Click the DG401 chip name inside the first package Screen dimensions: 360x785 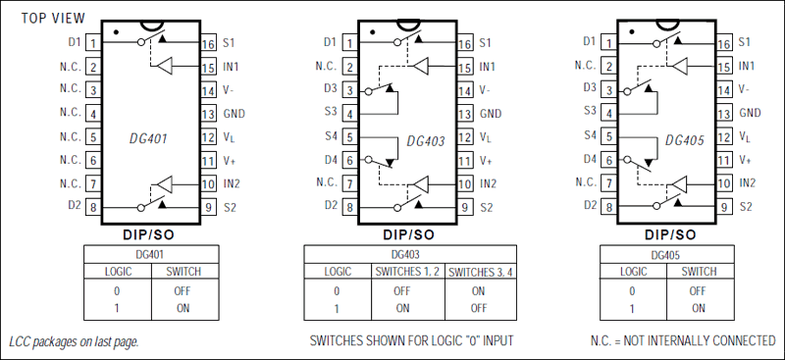148,139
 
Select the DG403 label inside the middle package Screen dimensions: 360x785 426,140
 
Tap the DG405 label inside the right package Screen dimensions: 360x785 684,140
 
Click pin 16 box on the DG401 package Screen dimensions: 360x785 207,43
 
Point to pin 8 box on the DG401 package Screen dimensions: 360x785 92,207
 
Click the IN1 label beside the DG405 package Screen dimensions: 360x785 747,67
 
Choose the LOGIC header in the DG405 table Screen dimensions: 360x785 633,270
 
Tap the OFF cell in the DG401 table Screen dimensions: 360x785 183,290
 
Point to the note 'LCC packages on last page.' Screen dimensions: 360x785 74,342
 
